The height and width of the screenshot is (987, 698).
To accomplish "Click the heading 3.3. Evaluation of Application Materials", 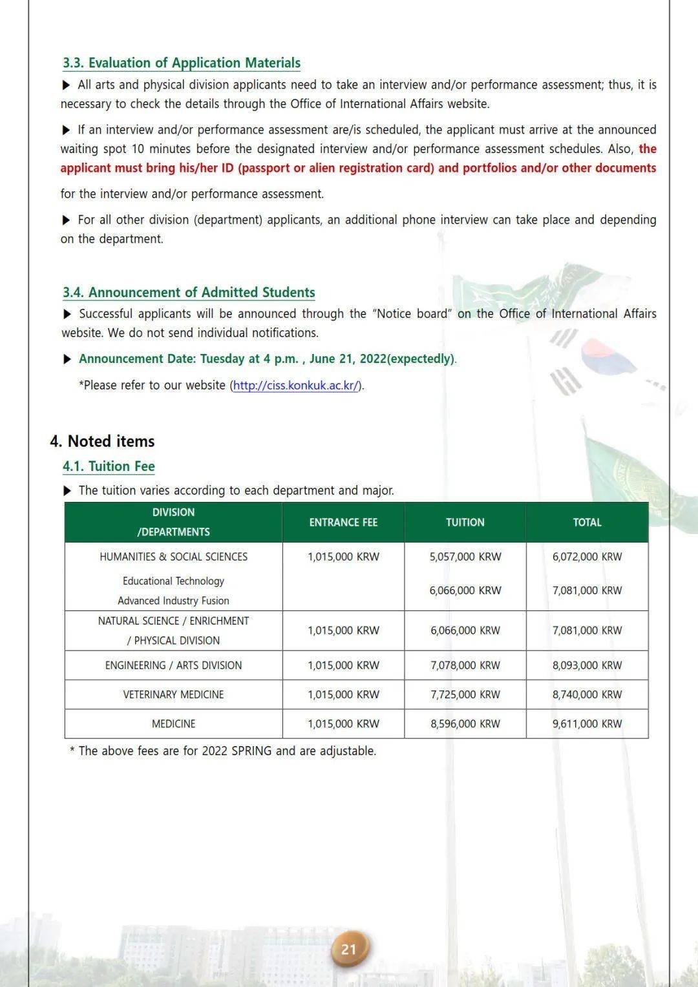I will (x=181, y=63).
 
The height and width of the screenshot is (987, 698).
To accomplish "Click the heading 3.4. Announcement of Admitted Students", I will (x=189, y=292).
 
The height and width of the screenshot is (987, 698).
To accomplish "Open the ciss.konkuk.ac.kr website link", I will (x=295, y=385).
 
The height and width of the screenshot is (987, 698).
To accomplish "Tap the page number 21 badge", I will (x=349, y=948).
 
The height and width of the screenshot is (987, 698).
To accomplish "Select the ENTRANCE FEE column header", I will (x=343, y=522).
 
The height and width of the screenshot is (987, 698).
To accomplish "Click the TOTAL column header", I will (x=587, y=522).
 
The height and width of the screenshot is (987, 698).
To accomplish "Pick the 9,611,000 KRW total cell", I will (x=587, y=723).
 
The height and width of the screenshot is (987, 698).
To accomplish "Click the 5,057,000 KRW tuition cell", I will (x=465, y=556).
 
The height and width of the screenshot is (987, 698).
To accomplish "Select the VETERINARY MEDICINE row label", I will (x=173, y=694).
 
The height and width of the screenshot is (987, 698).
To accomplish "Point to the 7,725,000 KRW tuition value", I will (x=465, y=694).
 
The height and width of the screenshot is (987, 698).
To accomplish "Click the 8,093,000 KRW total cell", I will (x=587, y=665).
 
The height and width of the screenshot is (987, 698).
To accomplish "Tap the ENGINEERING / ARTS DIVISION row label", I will (x=173, y=665).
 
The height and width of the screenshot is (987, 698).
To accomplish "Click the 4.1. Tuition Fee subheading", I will (x=109, y=466).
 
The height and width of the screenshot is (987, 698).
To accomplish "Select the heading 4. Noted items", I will (x=102, y=441).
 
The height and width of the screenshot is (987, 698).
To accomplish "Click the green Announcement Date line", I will (x=266, y=358).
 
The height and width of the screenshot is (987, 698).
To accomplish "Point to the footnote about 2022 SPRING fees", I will (x=223, y=751).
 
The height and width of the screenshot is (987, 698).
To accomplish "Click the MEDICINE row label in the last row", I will (x=173, y=723).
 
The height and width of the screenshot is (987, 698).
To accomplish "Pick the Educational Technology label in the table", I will (x=173, y=581).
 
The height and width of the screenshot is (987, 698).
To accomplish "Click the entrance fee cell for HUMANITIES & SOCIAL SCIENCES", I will (x=343, y=556).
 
